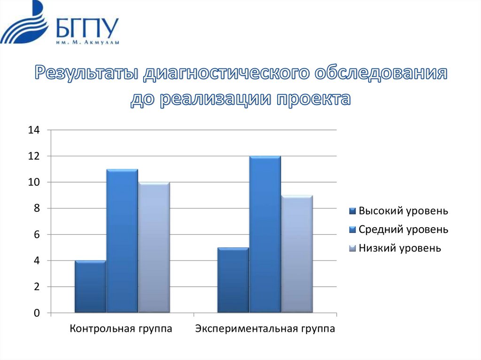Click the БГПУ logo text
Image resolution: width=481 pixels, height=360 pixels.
click(87, 29)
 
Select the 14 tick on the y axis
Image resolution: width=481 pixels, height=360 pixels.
click(34, 130)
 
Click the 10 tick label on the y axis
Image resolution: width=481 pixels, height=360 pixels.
click(34, 182)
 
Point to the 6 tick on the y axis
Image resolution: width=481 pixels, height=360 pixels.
click(36, 235)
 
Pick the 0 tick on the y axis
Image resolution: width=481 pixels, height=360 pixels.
click(36, 313)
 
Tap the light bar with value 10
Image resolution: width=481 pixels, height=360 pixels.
click(154, 247)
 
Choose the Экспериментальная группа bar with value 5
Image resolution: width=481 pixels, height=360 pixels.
click(233, 280)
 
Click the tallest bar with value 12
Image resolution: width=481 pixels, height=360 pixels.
click(265, 234)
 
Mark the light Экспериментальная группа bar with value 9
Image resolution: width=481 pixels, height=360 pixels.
click(297, 254)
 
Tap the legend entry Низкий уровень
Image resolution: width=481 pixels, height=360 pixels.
click(400, 248)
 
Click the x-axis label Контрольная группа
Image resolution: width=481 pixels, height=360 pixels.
click(121, 329)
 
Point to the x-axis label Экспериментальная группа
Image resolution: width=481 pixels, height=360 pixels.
click(265, 329)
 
